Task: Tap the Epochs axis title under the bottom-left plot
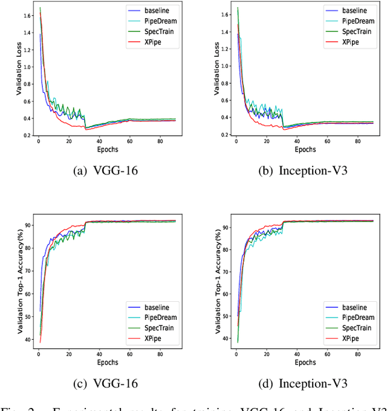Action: coord(108,363)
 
